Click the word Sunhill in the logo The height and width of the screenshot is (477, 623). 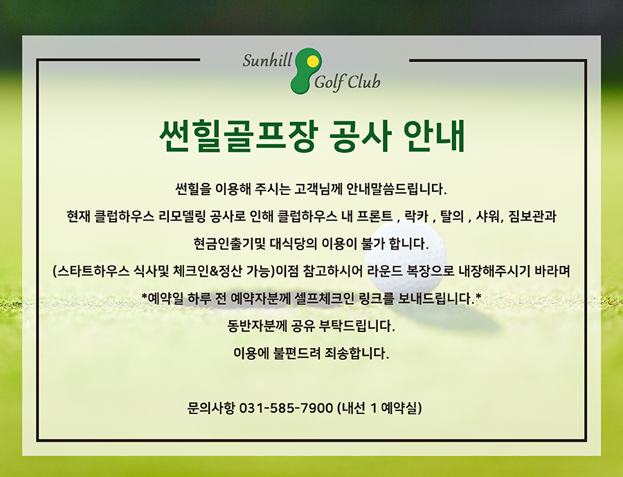coord(267,60)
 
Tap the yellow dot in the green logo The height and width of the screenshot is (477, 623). coord(313,61)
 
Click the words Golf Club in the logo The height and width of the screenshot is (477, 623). coord(347,83)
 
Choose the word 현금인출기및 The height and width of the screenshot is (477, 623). coord(229,243)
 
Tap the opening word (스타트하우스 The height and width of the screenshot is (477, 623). coord(91,271)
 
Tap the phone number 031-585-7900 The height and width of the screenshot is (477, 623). coord(286,408)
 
